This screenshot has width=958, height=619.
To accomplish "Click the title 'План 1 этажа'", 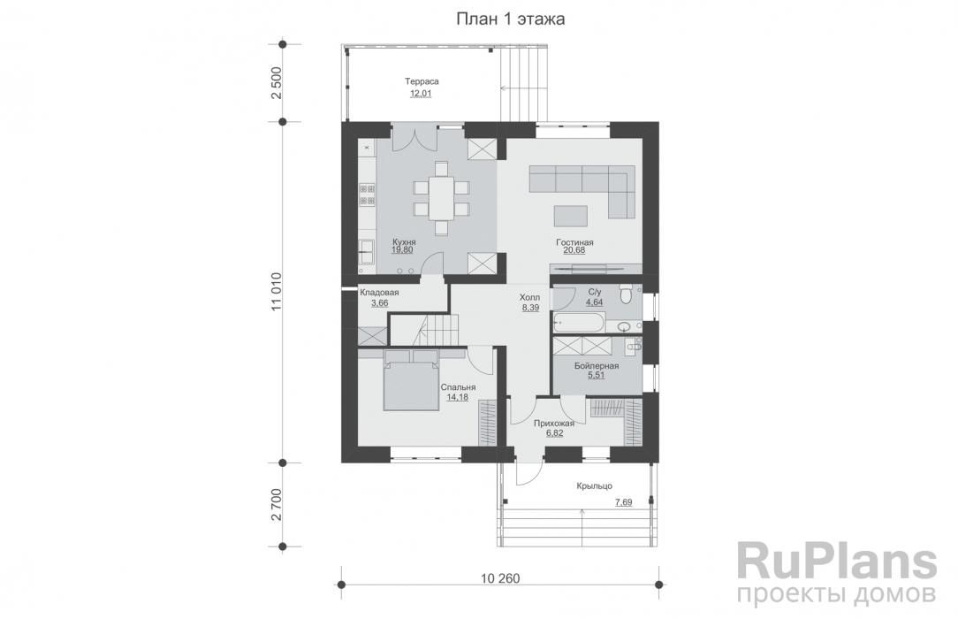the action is (510, 19).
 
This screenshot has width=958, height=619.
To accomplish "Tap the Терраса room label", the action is (422, 81).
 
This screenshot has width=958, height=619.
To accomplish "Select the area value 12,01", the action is (421, 94).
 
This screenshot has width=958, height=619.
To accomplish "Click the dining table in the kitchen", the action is (441, 197).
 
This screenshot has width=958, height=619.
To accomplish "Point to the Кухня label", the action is (404, 242).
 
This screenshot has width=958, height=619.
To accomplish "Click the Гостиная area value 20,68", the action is (574, 250).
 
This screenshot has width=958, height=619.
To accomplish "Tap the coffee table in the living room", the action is (571, 216).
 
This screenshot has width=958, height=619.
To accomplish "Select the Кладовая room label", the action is (379, 293).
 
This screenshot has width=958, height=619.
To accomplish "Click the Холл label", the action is (529, 297).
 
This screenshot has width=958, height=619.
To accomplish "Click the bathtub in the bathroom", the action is (579, 322).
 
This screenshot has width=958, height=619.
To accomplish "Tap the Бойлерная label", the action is (597, 366).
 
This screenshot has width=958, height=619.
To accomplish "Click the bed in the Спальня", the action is (411, 378).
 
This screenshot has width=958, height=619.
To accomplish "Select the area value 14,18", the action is (457, 397).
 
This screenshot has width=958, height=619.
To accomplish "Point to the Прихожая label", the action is (554, 423).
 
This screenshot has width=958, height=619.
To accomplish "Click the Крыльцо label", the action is (595, 485).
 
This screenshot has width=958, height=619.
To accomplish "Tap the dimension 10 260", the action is (500, 577).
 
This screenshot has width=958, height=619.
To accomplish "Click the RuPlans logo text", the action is (837, 562).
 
